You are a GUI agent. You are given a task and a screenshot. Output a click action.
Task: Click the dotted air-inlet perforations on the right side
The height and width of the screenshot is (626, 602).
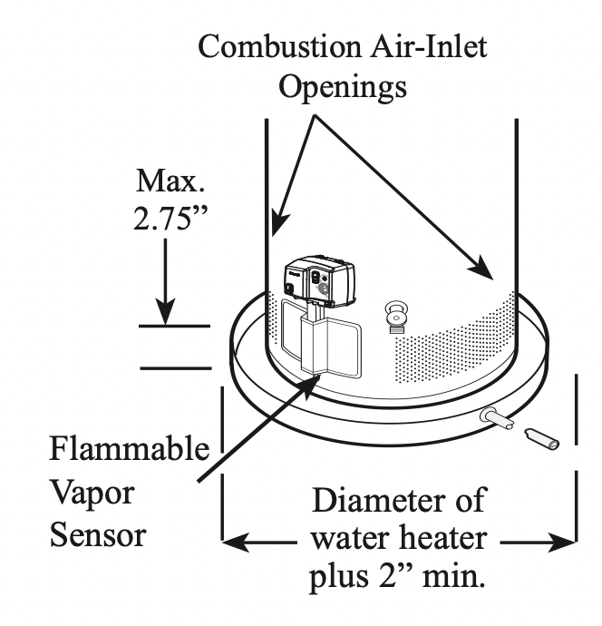pos(462,336)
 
